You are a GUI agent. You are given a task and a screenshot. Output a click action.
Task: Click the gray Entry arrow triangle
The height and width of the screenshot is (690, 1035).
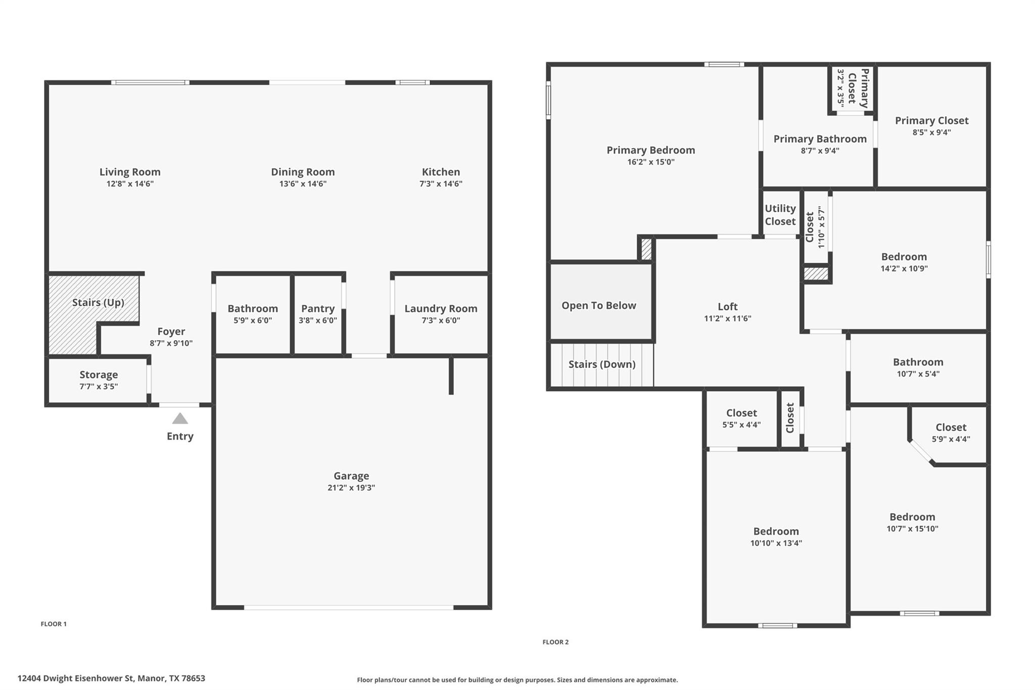pyautogui.click(x=180, y=419)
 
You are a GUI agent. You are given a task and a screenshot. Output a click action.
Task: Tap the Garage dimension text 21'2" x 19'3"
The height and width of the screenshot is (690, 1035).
pyautogui.click(x=351, y=488)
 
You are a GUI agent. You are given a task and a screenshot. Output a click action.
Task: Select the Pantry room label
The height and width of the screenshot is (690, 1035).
pyautogui.click(x=318, y=308)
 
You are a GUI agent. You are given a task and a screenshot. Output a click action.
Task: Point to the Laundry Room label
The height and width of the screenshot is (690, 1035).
pyautogui.click(x=441, y=308)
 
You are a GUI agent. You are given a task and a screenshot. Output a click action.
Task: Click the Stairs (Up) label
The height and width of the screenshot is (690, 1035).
pyautogui.click(x=98, y=302)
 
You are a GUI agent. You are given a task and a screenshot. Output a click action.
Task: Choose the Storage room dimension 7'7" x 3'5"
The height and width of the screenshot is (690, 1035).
pyautogui.click(x=99, y=387)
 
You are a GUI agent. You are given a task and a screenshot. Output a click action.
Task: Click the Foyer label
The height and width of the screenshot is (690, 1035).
pyautogui.click(x=171, y=332)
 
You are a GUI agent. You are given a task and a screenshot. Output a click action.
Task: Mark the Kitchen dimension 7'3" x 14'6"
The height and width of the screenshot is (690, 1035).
pyautogui.click(x=441, y=184)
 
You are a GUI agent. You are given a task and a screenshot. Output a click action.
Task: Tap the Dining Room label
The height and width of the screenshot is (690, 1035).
pyautogui.click(x=303, y=172)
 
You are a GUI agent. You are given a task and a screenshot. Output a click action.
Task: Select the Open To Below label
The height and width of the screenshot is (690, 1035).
pyautogui.click(x=599, y=305)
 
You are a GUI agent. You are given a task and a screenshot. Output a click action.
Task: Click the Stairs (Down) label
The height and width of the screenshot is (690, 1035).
pyautogui.click(x=602, y=364)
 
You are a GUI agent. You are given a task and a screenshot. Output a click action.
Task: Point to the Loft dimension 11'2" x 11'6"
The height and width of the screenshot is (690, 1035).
pyautogui.click(x=728, y=318)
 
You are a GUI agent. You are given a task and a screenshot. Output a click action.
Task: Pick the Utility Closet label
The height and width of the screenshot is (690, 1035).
pyautogui.click(x=780, y=215)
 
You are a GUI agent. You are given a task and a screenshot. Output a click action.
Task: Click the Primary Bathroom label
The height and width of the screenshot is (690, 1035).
pyautogui.click(x=820, y=139)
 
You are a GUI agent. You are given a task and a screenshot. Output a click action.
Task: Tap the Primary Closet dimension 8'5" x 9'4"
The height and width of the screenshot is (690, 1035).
pyautogui.click(x=931, y=132)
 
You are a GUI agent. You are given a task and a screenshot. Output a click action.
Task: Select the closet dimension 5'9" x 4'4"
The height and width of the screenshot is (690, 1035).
pyautogui.click(x=951, y=439)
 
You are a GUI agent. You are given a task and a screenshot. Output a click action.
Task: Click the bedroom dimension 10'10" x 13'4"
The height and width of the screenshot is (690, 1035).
pyautogui.click(x=776, y=543)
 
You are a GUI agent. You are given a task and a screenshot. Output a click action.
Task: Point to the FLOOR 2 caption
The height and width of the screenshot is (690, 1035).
pyautogui.click(x=555, y=642)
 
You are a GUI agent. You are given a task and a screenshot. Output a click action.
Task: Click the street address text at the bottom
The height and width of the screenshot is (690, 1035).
pyautogui.click(x=111, y=678)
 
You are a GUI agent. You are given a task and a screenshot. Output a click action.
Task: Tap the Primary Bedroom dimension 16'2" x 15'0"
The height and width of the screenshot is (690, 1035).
pyautogui.click(x=650, y=162)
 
